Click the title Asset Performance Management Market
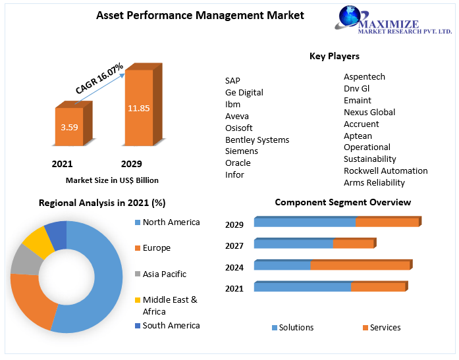[x=200, y=15]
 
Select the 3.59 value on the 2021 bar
[x=69, y=127]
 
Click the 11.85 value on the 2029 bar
[x=139, y=108]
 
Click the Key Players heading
[x=334, y=56]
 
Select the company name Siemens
[x=241, y=151]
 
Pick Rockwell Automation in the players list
[x=385, y=170]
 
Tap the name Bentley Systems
[x=257, y=140]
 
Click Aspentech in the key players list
[x=364, y=77]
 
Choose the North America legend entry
[x=171, y=222]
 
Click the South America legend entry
[x=171, y=325]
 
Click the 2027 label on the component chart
[x=234, y=246]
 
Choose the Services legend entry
[x=385, y=328]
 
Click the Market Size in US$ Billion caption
[x=112, y=180]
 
